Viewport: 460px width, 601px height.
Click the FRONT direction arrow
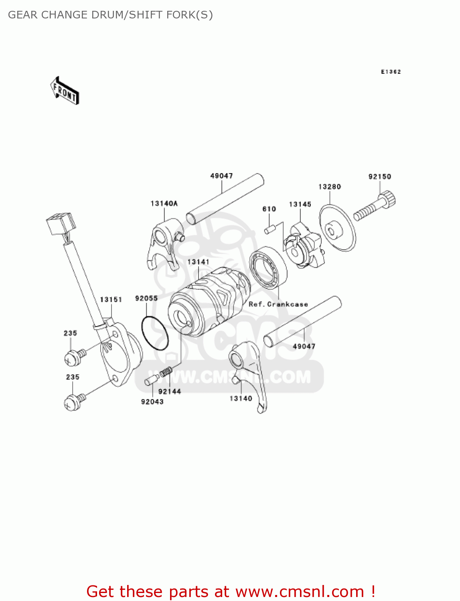click(65, 91)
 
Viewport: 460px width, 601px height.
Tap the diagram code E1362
click(391, 72)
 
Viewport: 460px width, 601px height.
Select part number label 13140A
click(164, 204)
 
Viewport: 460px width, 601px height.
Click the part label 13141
click(199, 262)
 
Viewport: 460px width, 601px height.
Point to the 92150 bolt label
click(379, 177)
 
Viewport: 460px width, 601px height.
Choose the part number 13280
click(330, 187)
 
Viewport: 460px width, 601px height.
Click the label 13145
click(300, 204)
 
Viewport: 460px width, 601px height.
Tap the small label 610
click(269, 209)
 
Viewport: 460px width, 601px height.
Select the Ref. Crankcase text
click(278, 304)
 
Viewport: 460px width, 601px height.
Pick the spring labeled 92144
click(166, 373)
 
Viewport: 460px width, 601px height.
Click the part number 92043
click(152, 401)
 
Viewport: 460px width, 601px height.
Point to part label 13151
click(111, 300)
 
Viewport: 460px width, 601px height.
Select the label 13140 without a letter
click(241, 398)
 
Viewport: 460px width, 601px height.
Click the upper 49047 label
click(221, 176)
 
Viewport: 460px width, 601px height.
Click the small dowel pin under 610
click(269, 230)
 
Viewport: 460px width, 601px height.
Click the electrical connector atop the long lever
click(61, 225)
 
